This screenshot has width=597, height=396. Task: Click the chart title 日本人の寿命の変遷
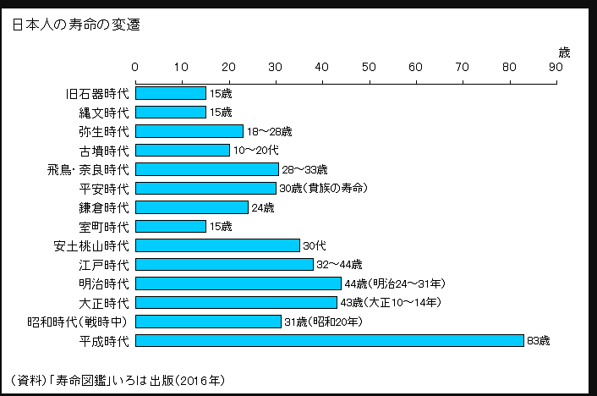coord(76,25)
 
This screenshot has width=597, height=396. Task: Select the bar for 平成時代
coord(330,340)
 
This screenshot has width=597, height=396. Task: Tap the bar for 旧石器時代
coord(171,93)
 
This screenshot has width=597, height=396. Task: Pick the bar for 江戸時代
coord(224,264)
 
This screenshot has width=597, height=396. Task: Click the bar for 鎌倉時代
coord(192,207)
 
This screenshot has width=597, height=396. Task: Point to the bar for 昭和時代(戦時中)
coord(208,322)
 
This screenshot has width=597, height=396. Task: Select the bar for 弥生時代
coord(189,131)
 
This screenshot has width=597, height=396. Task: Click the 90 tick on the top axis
coord(555,66)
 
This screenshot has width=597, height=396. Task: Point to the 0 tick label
coord(135,66)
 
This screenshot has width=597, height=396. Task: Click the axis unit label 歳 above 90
coord(564,52)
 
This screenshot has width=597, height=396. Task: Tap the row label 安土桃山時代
coord(91,245)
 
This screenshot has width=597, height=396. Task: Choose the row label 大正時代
coord(104,302)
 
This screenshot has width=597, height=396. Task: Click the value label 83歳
coord(538,341)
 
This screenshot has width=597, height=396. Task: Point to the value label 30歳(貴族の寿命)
coord(323,189)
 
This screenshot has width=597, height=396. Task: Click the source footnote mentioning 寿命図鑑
coord(118,378)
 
